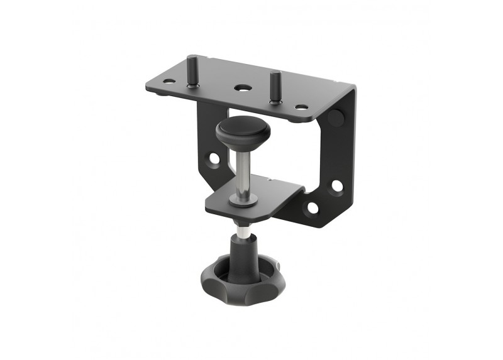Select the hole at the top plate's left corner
coord(168,81)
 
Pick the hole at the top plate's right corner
coord(301,107)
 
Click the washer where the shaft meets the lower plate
coord(243,200)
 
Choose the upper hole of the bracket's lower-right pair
coord(337,186)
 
